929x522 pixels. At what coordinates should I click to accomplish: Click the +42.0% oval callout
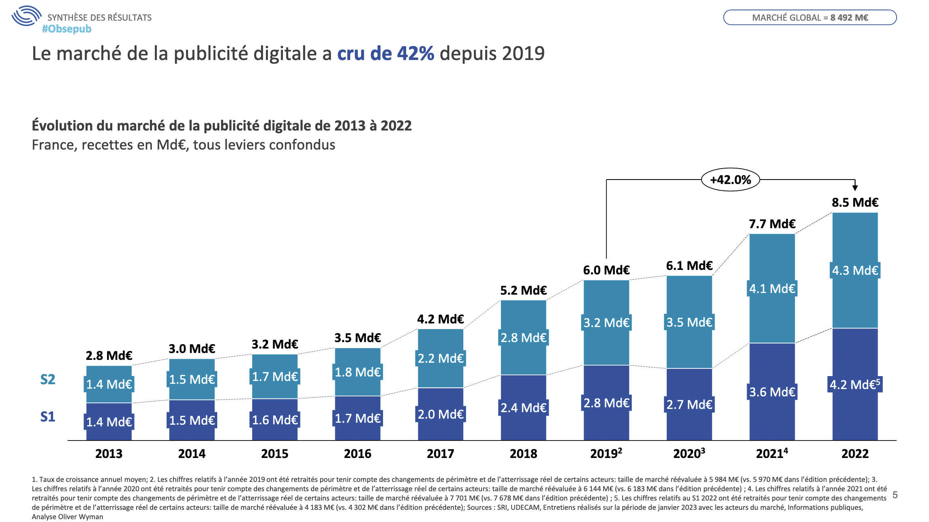(730, 180)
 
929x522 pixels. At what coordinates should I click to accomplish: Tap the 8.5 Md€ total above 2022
(855, 202)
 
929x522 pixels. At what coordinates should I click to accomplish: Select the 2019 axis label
(606, 454)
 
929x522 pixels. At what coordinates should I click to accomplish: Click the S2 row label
(48, 379)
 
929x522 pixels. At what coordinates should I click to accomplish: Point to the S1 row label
(48, 417)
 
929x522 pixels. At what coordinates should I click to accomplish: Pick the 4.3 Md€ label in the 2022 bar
(855, 270)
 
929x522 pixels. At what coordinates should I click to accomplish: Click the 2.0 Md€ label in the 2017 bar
(441, 414)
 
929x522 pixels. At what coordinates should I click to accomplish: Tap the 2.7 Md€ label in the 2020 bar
(689, 404)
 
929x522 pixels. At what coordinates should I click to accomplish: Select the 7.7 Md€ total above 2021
(772, 224)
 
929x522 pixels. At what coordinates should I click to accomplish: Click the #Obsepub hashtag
(67, 29)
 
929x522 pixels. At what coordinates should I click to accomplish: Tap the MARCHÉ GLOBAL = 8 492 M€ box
(810, 17)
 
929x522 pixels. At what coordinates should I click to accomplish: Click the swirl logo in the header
(26, 16)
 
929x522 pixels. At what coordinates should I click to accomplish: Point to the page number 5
(895, 495)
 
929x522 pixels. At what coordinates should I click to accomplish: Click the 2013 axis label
(109, 454)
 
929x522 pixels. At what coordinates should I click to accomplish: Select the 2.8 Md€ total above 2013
(109, 355)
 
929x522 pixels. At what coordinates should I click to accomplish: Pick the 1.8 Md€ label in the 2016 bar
(357, 372)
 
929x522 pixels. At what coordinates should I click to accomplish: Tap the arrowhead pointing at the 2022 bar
(855, 188)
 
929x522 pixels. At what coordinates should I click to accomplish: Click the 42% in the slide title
(415, 53)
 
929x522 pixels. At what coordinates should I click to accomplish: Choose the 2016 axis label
(357, 454)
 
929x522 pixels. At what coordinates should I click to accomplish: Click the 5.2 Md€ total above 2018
(523, 290)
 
